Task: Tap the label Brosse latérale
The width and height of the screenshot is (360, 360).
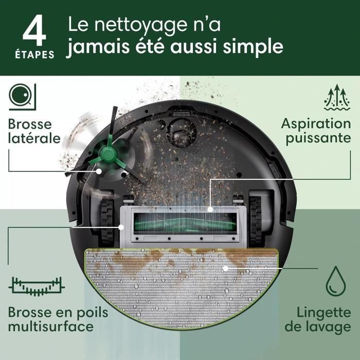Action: point(34,131)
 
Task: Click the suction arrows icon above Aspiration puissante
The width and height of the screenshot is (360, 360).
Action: point(337,98)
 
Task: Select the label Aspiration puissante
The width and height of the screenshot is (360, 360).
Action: point(316,131)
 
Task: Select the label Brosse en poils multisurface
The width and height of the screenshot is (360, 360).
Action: point(51,319)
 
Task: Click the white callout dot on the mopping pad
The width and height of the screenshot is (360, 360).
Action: point(225,268)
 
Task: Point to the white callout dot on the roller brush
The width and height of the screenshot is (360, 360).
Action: point(211,209)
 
